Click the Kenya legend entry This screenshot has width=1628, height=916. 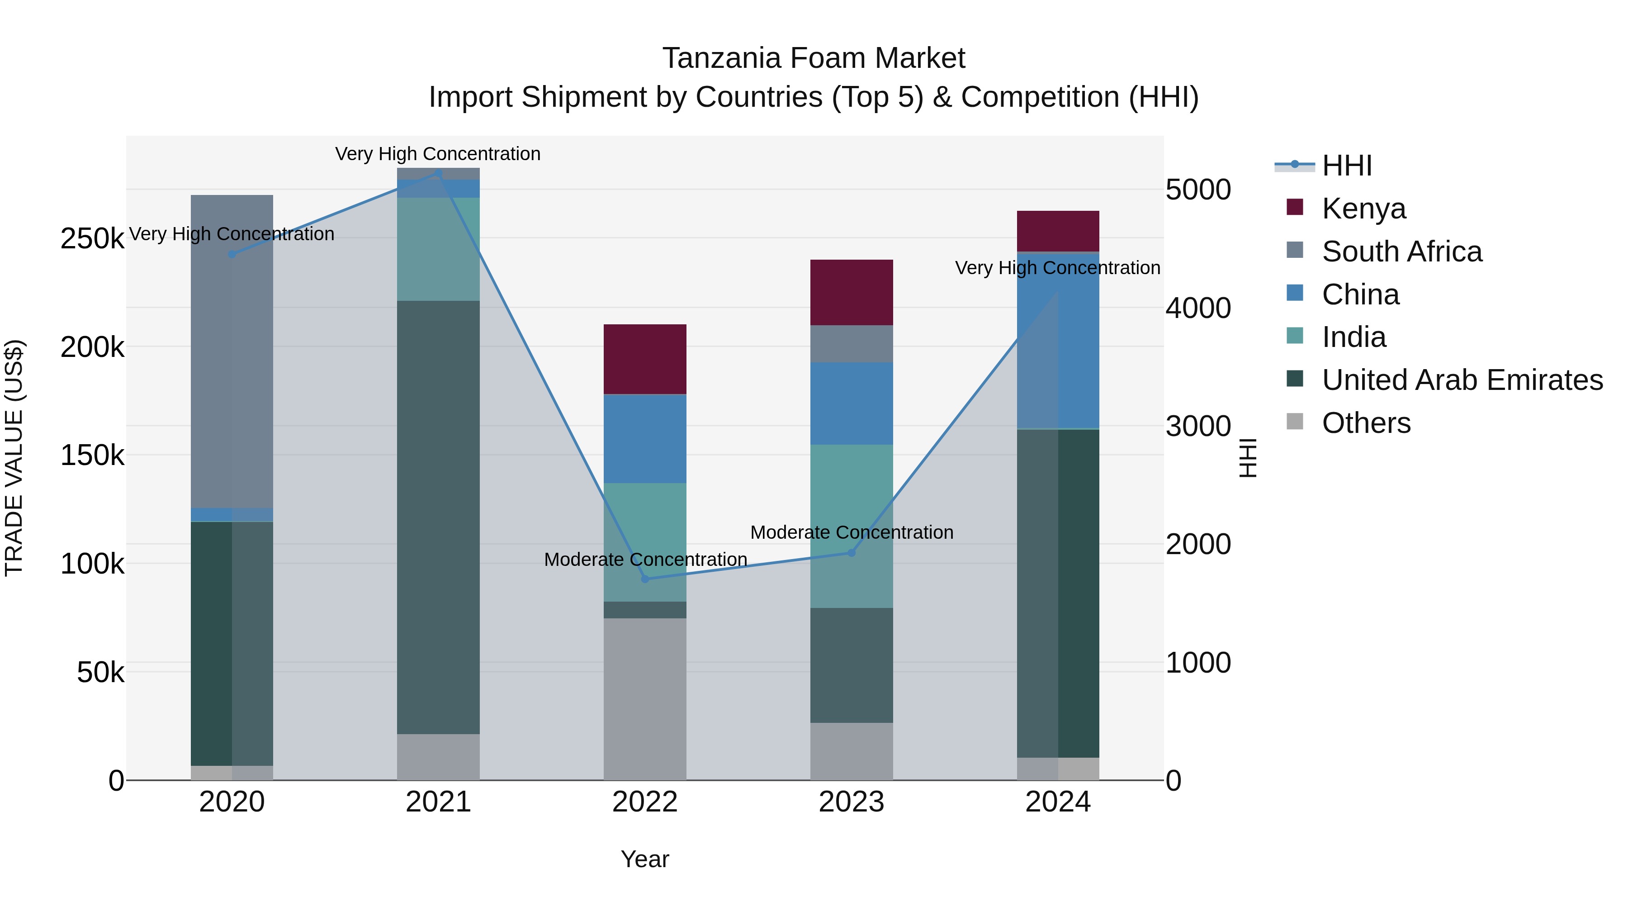pos(1363,209)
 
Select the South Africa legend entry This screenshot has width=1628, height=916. pos(1401,252)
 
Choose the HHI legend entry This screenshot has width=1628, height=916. pos(1346,166)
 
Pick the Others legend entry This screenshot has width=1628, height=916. pos(1366,423)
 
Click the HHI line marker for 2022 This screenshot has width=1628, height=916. pos(644,579)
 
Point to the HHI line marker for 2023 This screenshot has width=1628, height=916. pos(851,552)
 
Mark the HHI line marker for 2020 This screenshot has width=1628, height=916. pos(232,254)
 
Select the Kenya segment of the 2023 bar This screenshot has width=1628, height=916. pos(851,292)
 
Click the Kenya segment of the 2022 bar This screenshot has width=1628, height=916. pos(644,359)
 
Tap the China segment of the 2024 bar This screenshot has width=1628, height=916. pos(1058,342)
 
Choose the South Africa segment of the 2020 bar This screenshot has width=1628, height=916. pos(232,351)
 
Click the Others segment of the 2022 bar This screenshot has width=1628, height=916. pos(644,698)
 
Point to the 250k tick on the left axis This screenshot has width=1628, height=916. pos(92,239)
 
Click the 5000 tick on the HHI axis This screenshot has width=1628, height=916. pos(1197,190)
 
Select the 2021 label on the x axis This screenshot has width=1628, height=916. pos(438,802)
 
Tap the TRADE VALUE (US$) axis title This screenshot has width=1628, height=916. pos(14,458)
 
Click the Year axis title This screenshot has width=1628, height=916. pos(644,859)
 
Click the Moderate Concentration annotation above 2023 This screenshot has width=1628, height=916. pos(851,532)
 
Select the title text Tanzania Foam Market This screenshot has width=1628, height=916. pos(814,58)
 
